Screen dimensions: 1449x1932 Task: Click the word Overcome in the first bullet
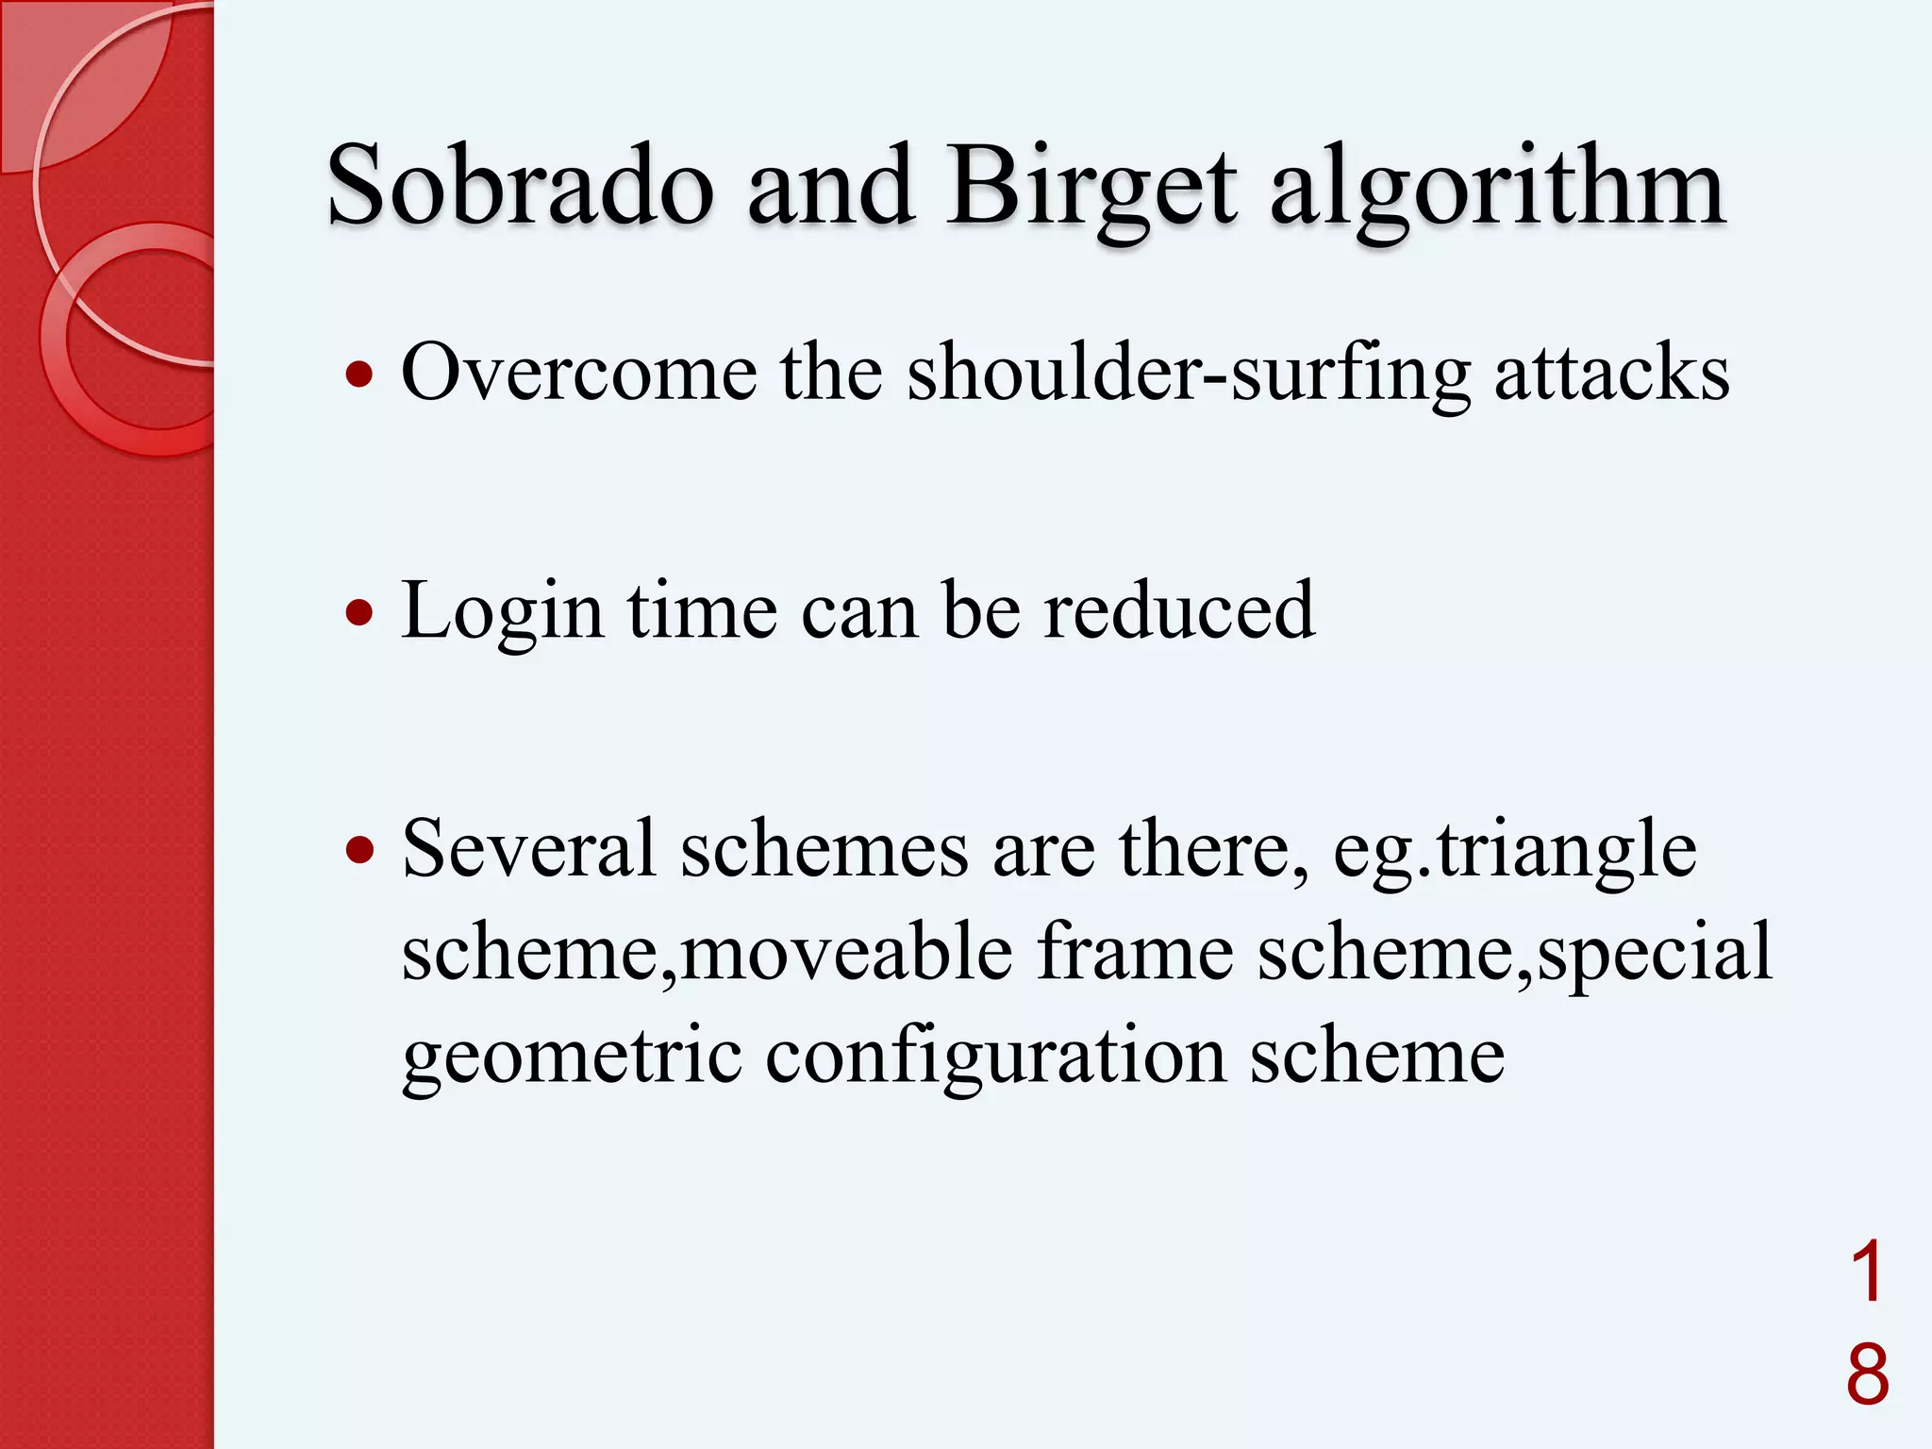[578, 373]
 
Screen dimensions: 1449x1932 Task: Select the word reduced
[1178, 610]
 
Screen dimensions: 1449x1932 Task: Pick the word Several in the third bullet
[528, 848]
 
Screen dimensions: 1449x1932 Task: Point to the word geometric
[572, 1057]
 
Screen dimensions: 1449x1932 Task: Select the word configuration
[995, 1057]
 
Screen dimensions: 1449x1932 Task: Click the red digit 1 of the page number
[1867, 1272]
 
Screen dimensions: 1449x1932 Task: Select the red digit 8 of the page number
[1867, 1374]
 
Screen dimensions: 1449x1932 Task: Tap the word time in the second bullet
[702, 610]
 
